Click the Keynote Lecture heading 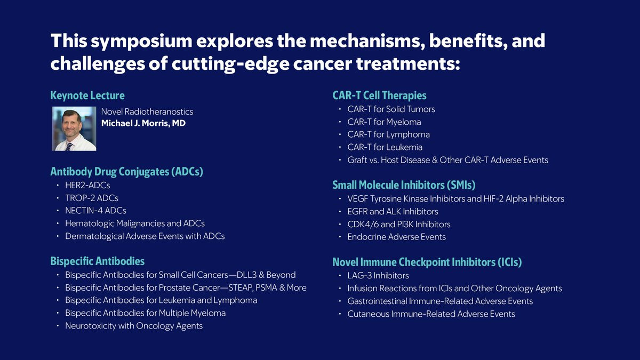pos(87,95)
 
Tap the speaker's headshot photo pos(74,129)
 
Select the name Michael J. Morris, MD pos(143,123)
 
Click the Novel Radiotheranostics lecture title pos(147,111)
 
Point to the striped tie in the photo pos(69,147)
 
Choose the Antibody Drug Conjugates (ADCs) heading pos(127,172)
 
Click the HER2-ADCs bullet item pos(87,185)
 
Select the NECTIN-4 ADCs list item pos(95,211)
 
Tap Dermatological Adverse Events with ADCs pos(145,236)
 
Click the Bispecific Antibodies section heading pos(98,261)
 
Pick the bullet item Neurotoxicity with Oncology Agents pos(134,326)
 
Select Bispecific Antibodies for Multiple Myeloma pos(146,313)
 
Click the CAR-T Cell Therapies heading pos(379,95)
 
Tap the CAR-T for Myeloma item pos(385,122)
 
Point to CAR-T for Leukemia pos(385,147)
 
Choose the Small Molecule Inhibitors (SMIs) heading pos(404,185)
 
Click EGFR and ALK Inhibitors pos(393,211)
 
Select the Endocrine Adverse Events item pos(397,237)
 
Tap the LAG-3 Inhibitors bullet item pos(378,275)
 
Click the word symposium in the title pos(141,42)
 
